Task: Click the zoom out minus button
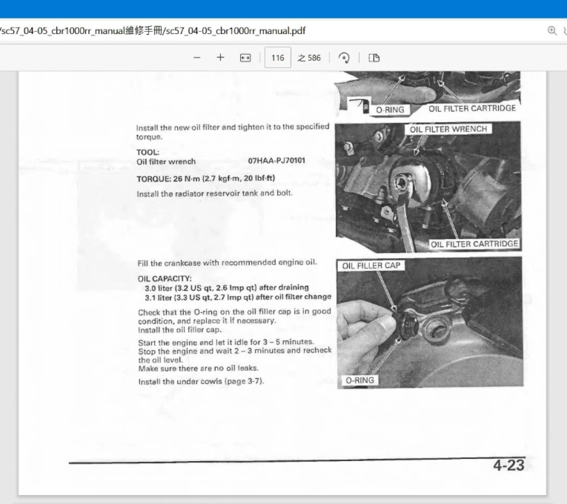click(x=197, y=58)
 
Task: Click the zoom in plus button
click(x=220, y=58)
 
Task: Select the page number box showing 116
click(x=278, y=58)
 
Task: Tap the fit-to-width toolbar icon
click(x=245, y=58)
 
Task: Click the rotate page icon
click(x=344, y=58)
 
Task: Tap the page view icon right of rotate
click(x=374, y=58)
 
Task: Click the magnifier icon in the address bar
click(x=552, y=31)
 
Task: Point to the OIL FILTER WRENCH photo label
click(x=448, y=129)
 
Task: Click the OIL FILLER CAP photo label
click(x=371, y=265)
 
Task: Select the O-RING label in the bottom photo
click(x=360, y=380)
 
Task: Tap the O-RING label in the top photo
click(x=390, y=110)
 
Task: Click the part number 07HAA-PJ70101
click(x=276, y=161)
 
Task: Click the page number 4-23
click(x=509, y=466)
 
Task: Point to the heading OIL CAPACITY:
click(x=164, y=279)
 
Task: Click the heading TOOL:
click(x=148, y=152)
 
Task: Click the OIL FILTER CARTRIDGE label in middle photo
click(x=474, y=244)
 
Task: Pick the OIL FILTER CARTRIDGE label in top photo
click(x=472, y=108)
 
